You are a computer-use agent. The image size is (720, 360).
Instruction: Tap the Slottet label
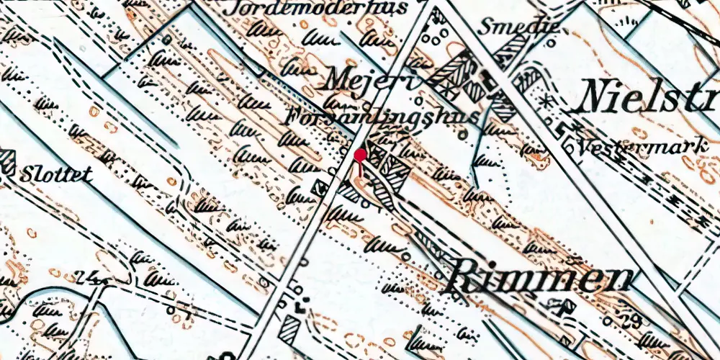tap(57, 175)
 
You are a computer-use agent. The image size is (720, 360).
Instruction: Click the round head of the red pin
tap(360, 154)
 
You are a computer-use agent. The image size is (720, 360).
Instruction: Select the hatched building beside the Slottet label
tap(8, 163)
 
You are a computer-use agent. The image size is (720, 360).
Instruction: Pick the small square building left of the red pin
tap(318, 189)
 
